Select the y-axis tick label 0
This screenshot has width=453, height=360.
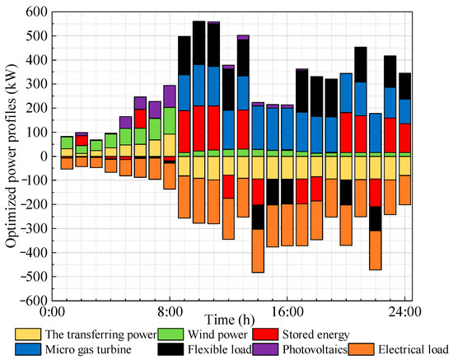point(42,157)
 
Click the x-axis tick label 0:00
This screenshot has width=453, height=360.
point(51,313)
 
